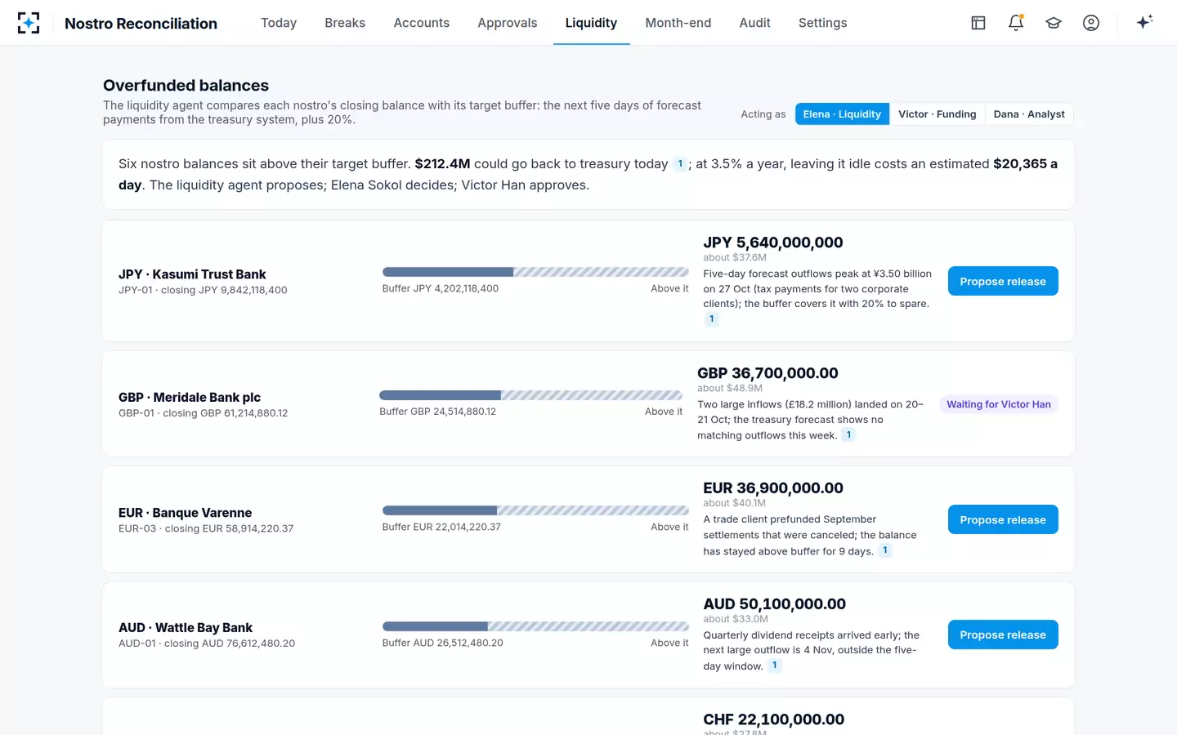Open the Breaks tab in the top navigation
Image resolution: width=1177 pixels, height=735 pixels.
coord(345,23)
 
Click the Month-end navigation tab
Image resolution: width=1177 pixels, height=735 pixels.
coord(678,23)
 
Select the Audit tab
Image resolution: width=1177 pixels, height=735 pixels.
coord(754,23)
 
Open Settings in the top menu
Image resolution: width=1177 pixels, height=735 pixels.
coord(822,23)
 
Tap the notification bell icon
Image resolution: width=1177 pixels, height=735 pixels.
coord(1016,23)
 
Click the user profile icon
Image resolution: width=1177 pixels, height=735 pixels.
coord(1091,23)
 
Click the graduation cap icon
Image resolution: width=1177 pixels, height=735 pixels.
coord(1053,23)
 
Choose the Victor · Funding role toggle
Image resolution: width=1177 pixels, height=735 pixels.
coord(937,114)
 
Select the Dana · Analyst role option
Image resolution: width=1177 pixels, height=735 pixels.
coord(1029,114)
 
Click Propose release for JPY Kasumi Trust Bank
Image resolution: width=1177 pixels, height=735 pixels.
coord(1003,281)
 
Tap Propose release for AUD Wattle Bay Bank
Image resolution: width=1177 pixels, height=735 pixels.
coord(1003,635)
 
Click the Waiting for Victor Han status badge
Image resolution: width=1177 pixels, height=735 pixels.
coord(998,404)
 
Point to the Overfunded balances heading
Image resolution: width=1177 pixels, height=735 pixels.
coord(186,85)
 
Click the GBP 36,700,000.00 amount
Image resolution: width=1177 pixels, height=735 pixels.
coord(768,372)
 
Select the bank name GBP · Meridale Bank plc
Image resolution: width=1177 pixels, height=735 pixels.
coord(189,397)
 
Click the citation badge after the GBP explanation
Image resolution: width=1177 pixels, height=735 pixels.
coord(848,434)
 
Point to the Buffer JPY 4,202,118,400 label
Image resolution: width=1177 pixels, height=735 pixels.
coord(441,288)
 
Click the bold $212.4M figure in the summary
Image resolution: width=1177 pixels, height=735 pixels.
coord(442,164)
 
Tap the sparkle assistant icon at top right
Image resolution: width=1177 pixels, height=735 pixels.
coord(1144,22)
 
